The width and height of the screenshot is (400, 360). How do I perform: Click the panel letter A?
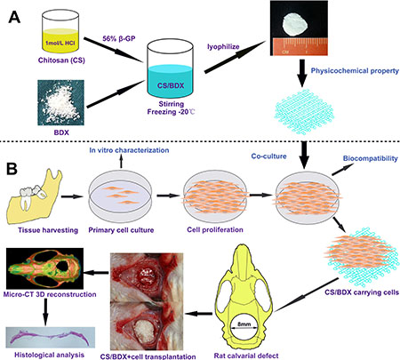tap(14, 17)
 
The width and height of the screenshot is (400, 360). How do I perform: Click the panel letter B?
tap(12, 169)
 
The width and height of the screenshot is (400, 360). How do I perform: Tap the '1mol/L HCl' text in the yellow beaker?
tap(60, 43)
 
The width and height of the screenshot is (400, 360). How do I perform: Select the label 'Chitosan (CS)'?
tap(61, 60)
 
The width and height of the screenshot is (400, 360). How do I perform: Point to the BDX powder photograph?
tap(60, 102)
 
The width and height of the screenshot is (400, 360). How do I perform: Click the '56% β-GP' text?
tap(119, 38)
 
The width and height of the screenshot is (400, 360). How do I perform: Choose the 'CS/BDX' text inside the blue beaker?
tap(171, 86)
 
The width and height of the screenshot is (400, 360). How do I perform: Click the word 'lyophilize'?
tap(223, 47)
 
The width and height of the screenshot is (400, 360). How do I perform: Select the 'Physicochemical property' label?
tap(355, 71)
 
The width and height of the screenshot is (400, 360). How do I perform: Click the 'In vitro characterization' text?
tap(129, 150)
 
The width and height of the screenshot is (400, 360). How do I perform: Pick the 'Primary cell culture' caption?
tap(121, 230)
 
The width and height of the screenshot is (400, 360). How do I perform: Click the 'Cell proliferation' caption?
tap(215, 229)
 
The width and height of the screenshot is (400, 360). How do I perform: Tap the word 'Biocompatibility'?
tap(371, 158)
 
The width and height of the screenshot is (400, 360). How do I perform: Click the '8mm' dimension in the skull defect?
tap(244, 324)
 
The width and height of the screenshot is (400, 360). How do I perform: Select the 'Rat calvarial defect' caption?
tap(246, 356)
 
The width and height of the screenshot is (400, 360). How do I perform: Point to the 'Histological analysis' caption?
tap(49, 355)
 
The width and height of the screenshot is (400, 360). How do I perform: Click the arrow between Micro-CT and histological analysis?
tap(45, 312)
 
